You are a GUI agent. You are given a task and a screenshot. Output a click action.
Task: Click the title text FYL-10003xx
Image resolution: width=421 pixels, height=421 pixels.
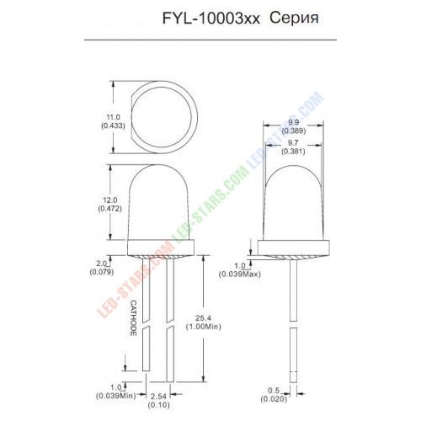[211, 19]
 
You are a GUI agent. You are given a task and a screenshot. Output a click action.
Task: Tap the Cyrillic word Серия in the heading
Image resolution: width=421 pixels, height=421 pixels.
[294, 19]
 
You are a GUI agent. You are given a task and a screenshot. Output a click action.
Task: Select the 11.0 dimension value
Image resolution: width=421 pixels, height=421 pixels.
[113, 117]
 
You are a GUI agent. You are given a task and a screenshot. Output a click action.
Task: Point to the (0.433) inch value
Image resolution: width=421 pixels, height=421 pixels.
[113, 125]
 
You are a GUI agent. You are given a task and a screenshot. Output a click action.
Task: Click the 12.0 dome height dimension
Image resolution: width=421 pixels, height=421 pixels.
[110, 200]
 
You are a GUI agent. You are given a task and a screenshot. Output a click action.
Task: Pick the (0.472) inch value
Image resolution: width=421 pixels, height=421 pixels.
[110, 209]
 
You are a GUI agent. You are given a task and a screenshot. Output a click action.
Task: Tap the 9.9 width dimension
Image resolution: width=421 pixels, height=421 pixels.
[293, 122]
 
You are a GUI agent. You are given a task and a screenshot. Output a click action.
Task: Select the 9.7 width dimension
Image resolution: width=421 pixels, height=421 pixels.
[293, 143]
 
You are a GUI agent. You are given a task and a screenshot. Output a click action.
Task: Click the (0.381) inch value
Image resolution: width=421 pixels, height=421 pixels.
[293, 152]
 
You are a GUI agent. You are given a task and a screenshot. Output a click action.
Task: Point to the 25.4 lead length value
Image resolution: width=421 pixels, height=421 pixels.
[204, 318]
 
